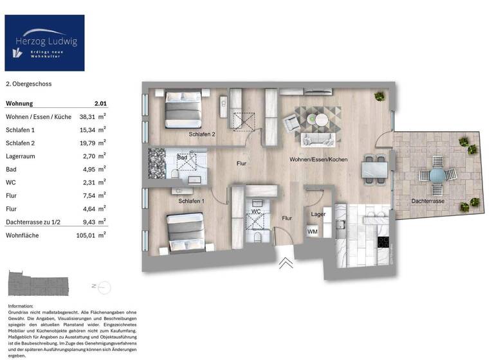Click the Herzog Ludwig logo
(44, 42)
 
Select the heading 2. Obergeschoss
(28, 84)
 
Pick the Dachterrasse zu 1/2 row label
(35, 223)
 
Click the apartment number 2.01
(100, 104)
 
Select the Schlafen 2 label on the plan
(201, 135)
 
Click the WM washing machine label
(312, 231)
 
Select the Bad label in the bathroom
(182, 157)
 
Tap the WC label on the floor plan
(255, 211)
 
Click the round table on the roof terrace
(437, 175)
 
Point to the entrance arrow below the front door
(285, 262)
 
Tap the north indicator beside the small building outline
(93, 284)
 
